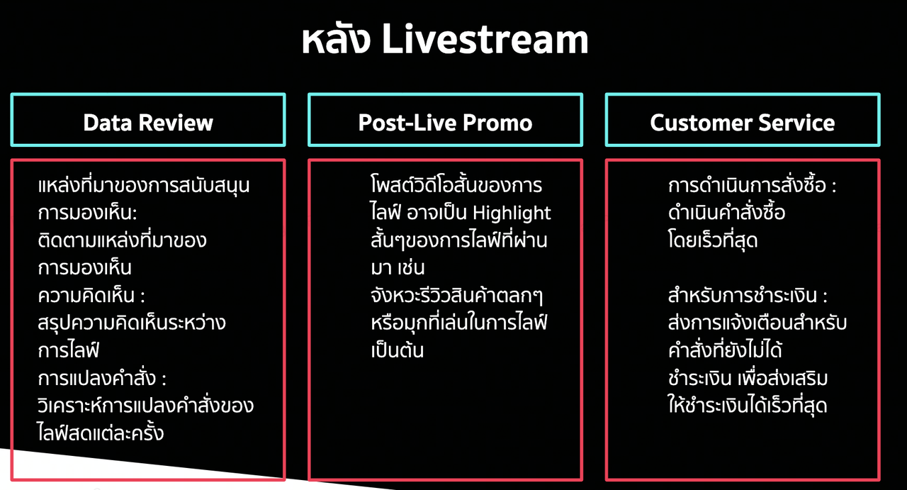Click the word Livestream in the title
coord(485,39)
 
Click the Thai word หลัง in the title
coord(336,39)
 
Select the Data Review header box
coord(148,120)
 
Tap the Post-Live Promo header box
coord(446,120)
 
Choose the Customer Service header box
coord(743,120)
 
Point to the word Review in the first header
coord(176,123)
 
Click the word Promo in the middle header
coord(497,123)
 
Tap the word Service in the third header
coord(796,123)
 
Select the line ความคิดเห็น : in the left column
coord(91,295)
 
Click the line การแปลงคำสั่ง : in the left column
coord(102,378)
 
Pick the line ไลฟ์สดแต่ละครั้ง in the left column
coord(101,432)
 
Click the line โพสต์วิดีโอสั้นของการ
coord(456,185)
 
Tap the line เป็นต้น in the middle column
coord(398,350)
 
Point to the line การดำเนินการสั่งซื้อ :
coord(753,185)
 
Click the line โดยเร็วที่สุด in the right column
coord(713,240)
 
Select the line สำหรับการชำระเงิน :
coord(748,295)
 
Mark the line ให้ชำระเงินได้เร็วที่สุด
coord(748,405)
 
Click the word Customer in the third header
coord(702,123)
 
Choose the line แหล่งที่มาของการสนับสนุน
coord(144,186)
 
